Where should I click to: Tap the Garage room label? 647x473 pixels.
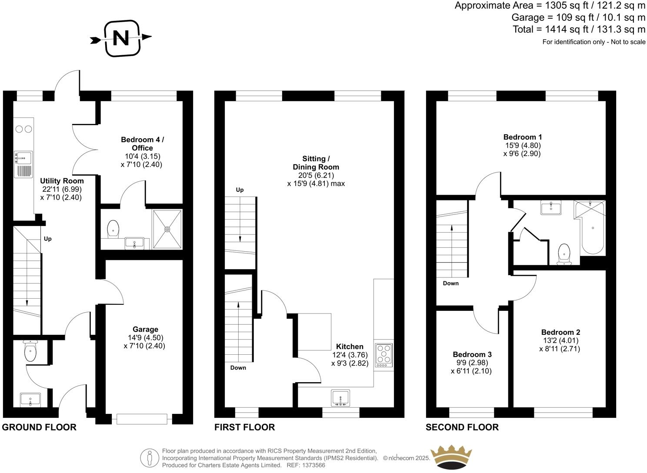tap(145, 330)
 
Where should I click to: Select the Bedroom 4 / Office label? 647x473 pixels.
tap(143, 144)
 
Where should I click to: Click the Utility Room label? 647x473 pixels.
tap(62, 181)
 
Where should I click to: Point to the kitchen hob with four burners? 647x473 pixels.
tap(384, 353)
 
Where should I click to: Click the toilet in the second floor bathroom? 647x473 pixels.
tap(564, 253)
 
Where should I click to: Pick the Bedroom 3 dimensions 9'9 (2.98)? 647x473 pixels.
tap(472, 363)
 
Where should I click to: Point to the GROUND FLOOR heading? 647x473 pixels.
tap(39, 427)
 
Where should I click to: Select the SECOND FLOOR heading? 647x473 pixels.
tap(462, 427)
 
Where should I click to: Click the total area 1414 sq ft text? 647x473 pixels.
tap(579, 30)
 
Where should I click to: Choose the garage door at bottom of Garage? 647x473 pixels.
tap(142, 419)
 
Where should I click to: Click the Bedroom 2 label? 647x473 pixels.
tap(560, 332)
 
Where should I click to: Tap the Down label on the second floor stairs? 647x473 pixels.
tap(450, 283)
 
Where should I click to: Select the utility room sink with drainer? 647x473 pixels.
tap(23, 165)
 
